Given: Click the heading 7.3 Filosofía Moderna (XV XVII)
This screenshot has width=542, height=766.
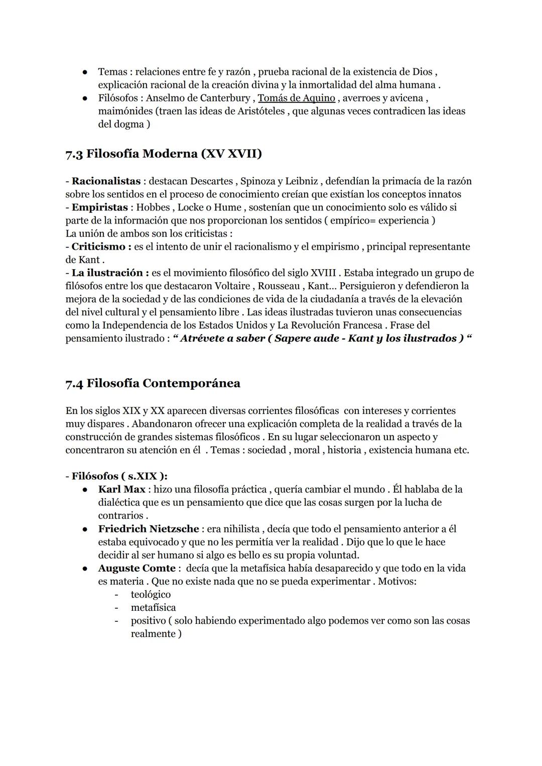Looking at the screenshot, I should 164,154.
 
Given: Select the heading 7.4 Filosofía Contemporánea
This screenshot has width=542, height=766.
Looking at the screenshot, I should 153,383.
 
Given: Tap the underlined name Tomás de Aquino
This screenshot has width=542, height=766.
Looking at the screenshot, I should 296,98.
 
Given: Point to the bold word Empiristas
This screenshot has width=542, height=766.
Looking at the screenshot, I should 100,207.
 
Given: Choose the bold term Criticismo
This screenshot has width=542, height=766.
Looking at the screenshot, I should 98,247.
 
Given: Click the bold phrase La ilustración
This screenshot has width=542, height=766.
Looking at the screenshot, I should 107,273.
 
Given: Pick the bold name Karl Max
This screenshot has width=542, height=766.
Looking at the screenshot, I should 121,489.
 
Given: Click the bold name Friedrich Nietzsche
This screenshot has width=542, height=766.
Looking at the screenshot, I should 148,529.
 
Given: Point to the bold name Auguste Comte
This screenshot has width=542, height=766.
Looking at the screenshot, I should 137,568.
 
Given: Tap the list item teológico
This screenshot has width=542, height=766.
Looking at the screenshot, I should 151,595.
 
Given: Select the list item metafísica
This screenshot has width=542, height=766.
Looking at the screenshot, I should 153,608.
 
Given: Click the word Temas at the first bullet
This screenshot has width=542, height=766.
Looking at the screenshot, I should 112,72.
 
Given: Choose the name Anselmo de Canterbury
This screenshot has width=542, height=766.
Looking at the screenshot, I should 198,98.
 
